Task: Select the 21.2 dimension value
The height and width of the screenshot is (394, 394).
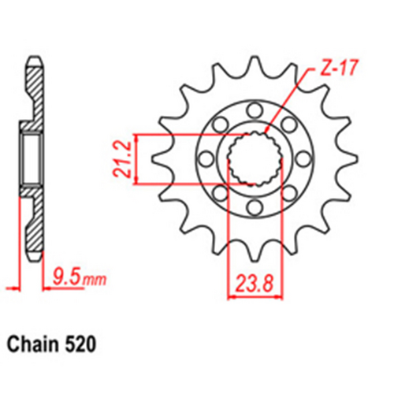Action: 123,160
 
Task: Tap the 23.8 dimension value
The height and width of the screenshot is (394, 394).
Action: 253,281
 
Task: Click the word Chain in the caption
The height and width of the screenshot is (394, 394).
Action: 32,345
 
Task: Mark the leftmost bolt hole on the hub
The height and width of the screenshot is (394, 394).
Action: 204,159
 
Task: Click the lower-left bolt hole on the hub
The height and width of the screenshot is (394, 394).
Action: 218,193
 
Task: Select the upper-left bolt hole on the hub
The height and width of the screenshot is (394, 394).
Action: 218,125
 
